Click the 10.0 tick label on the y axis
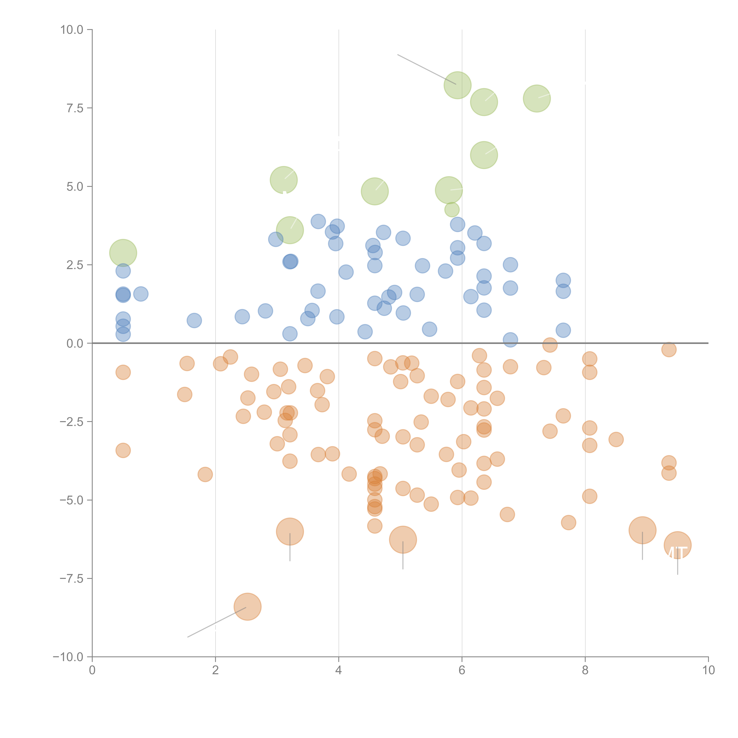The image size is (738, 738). [x=72, y=30]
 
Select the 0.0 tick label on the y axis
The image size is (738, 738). [x=75, y=343]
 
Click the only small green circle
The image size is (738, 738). [x=452, y=210]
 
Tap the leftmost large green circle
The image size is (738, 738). [x=123, y=253]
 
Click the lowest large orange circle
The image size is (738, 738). [x=248, y=607]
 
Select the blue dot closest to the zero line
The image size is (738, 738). [x=510, y=340]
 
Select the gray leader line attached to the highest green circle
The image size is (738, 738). [x=426, y=69]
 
